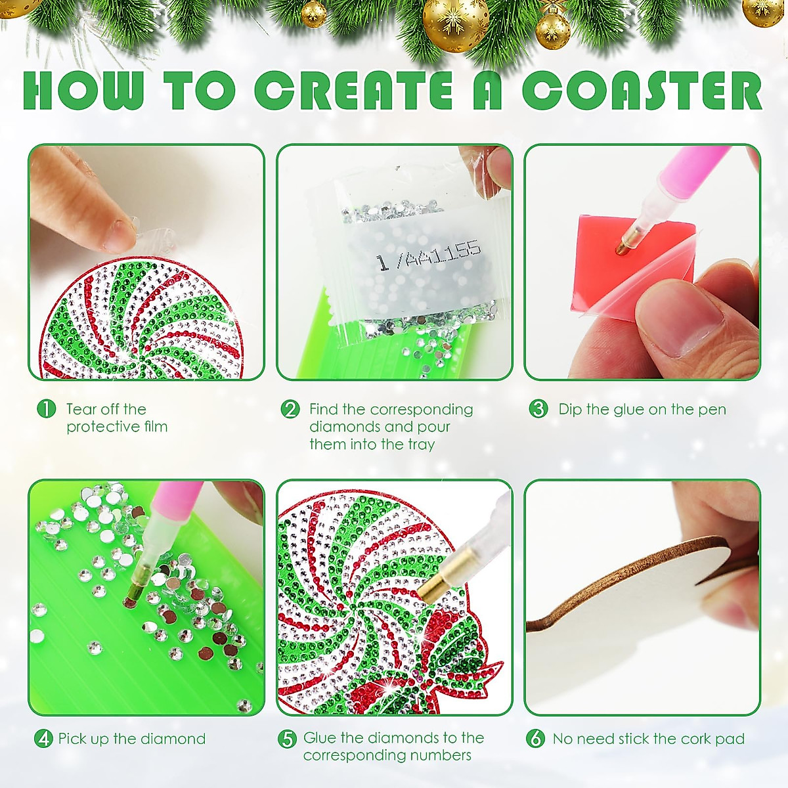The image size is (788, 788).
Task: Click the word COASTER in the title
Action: point(642,91)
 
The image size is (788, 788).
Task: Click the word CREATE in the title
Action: point(353,91)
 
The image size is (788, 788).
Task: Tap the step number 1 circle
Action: point(46,409)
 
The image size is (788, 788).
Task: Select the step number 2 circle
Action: point(290,409)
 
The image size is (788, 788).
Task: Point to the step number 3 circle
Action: point(538,409)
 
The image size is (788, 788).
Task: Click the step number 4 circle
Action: point(43,739)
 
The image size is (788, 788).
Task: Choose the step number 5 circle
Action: point(287,739)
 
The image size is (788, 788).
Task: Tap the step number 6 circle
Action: point(535,739)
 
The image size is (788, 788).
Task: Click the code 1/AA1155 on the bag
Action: point(428,256)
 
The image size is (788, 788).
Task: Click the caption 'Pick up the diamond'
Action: point(131,739)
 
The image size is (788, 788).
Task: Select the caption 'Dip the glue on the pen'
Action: point(642,409)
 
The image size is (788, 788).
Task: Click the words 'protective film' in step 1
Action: point(117,427)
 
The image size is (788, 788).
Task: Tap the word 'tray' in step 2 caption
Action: point(421,445)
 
